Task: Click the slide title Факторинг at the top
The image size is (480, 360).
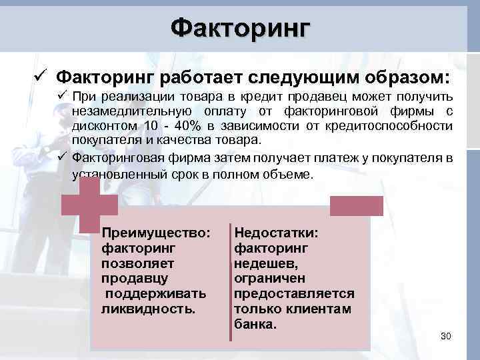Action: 240,28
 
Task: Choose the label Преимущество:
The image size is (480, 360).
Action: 156,233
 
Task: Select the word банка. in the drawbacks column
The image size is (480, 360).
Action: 255,325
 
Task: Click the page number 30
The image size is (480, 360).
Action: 446,336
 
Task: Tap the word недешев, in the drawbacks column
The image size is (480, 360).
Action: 265,263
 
